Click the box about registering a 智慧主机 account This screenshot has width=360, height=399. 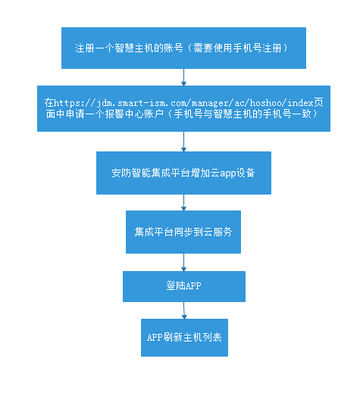tap(183, 48)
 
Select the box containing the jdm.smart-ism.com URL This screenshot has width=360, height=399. tap(183, 108)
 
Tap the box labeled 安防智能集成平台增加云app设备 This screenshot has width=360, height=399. tap(183, 173)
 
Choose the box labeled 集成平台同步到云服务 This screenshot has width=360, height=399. tap(183, 232)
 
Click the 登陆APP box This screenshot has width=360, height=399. tap(184, 286)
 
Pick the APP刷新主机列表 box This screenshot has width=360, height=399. tap(184, 338)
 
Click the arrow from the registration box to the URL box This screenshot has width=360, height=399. tap(183, 77)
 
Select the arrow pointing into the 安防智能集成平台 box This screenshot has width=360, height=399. tap(183, 142)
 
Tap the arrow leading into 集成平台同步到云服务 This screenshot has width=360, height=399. tap(183, 203)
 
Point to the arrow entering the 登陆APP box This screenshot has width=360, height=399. tap(183, 263)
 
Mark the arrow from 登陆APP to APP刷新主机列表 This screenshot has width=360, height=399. tap(184, 310)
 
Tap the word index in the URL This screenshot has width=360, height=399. tap(300, 103)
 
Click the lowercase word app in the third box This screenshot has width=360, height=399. tap(227, 173)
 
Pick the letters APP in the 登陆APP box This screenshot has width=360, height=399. tap(193, 285)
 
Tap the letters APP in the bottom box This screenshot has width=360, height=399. tap(155, 338)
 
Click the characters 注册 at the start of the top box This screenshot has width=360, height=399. tap(85, 48)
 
